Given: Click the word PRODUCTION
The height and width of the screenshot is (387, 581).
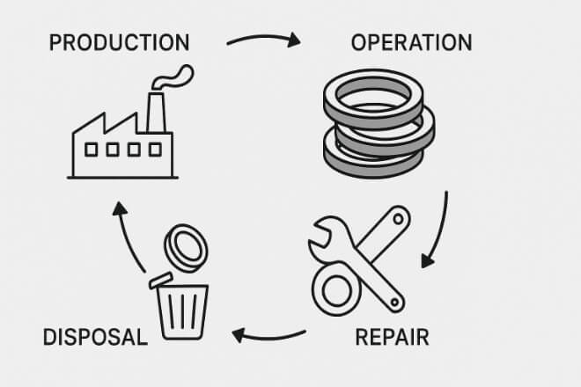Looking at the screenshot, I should tap(119, 41).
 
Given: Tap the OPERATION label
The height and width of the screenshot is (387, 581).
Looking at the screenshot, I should tap(411, 41).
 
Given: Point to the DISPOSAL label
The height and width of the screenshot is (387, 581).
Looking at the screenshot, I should tap(94, 337).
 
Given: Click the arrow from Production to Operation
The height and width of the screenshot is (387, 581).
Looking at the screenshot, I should tap(263, 40).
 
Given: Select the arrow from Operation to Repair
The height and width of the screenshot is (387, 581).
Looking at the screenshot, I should tap(438, 230).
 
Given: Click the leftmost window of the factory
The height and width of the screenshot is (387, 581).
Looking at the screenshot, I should tap(89, 150).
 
